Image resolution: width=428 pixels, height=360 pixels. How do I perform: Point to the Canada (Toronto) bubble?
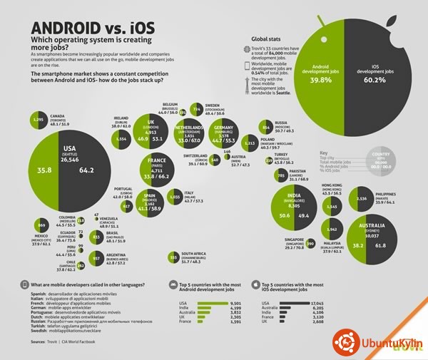coord(39,122)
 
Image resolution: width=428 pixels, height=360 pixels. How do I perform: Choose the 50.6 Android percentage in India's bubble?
coord(285,214)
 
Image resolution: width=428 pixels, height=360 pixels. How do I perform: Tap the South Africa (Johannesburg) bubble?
coord(173,257)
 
